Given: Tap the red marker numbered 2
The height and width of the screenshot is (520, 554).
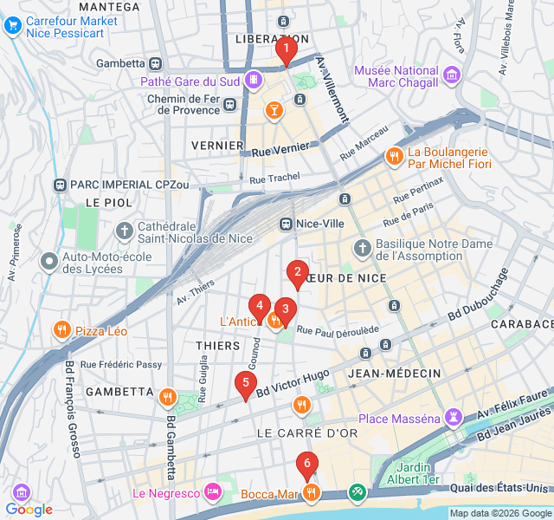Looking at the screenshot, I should [x=298, y=274].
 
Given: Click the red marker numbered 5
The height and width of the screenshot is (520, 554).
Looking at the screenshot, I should [x=246, y=384].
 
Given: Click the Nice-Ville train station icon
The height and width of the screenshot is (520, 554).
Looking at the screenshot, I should [x=286, y=224].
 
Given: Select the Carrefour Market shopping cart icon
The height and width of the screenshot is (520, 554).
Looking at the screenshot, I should [x=12, y=26].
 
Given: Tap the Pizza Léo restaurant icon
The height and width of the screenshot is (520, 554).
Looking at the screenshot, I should [x=61, y=330].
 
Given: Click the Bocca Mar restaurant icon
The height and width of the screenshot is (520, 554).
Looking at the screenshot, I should [x=312, y=494].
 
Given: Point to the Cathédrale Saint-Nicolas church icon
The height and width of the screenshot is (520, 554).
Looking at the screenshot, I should [x=125, y=231].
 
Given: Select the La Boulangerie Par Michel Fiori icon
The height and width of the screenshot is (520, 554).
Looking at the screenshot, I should [x=393, y=156].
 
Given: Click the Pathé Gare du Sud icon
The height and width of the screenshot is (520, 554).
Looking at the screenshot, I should [x=253, y=81].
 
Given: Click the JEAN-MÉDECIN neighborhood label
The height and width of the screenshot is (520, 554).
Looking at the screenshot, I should [x=394, y=373].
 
